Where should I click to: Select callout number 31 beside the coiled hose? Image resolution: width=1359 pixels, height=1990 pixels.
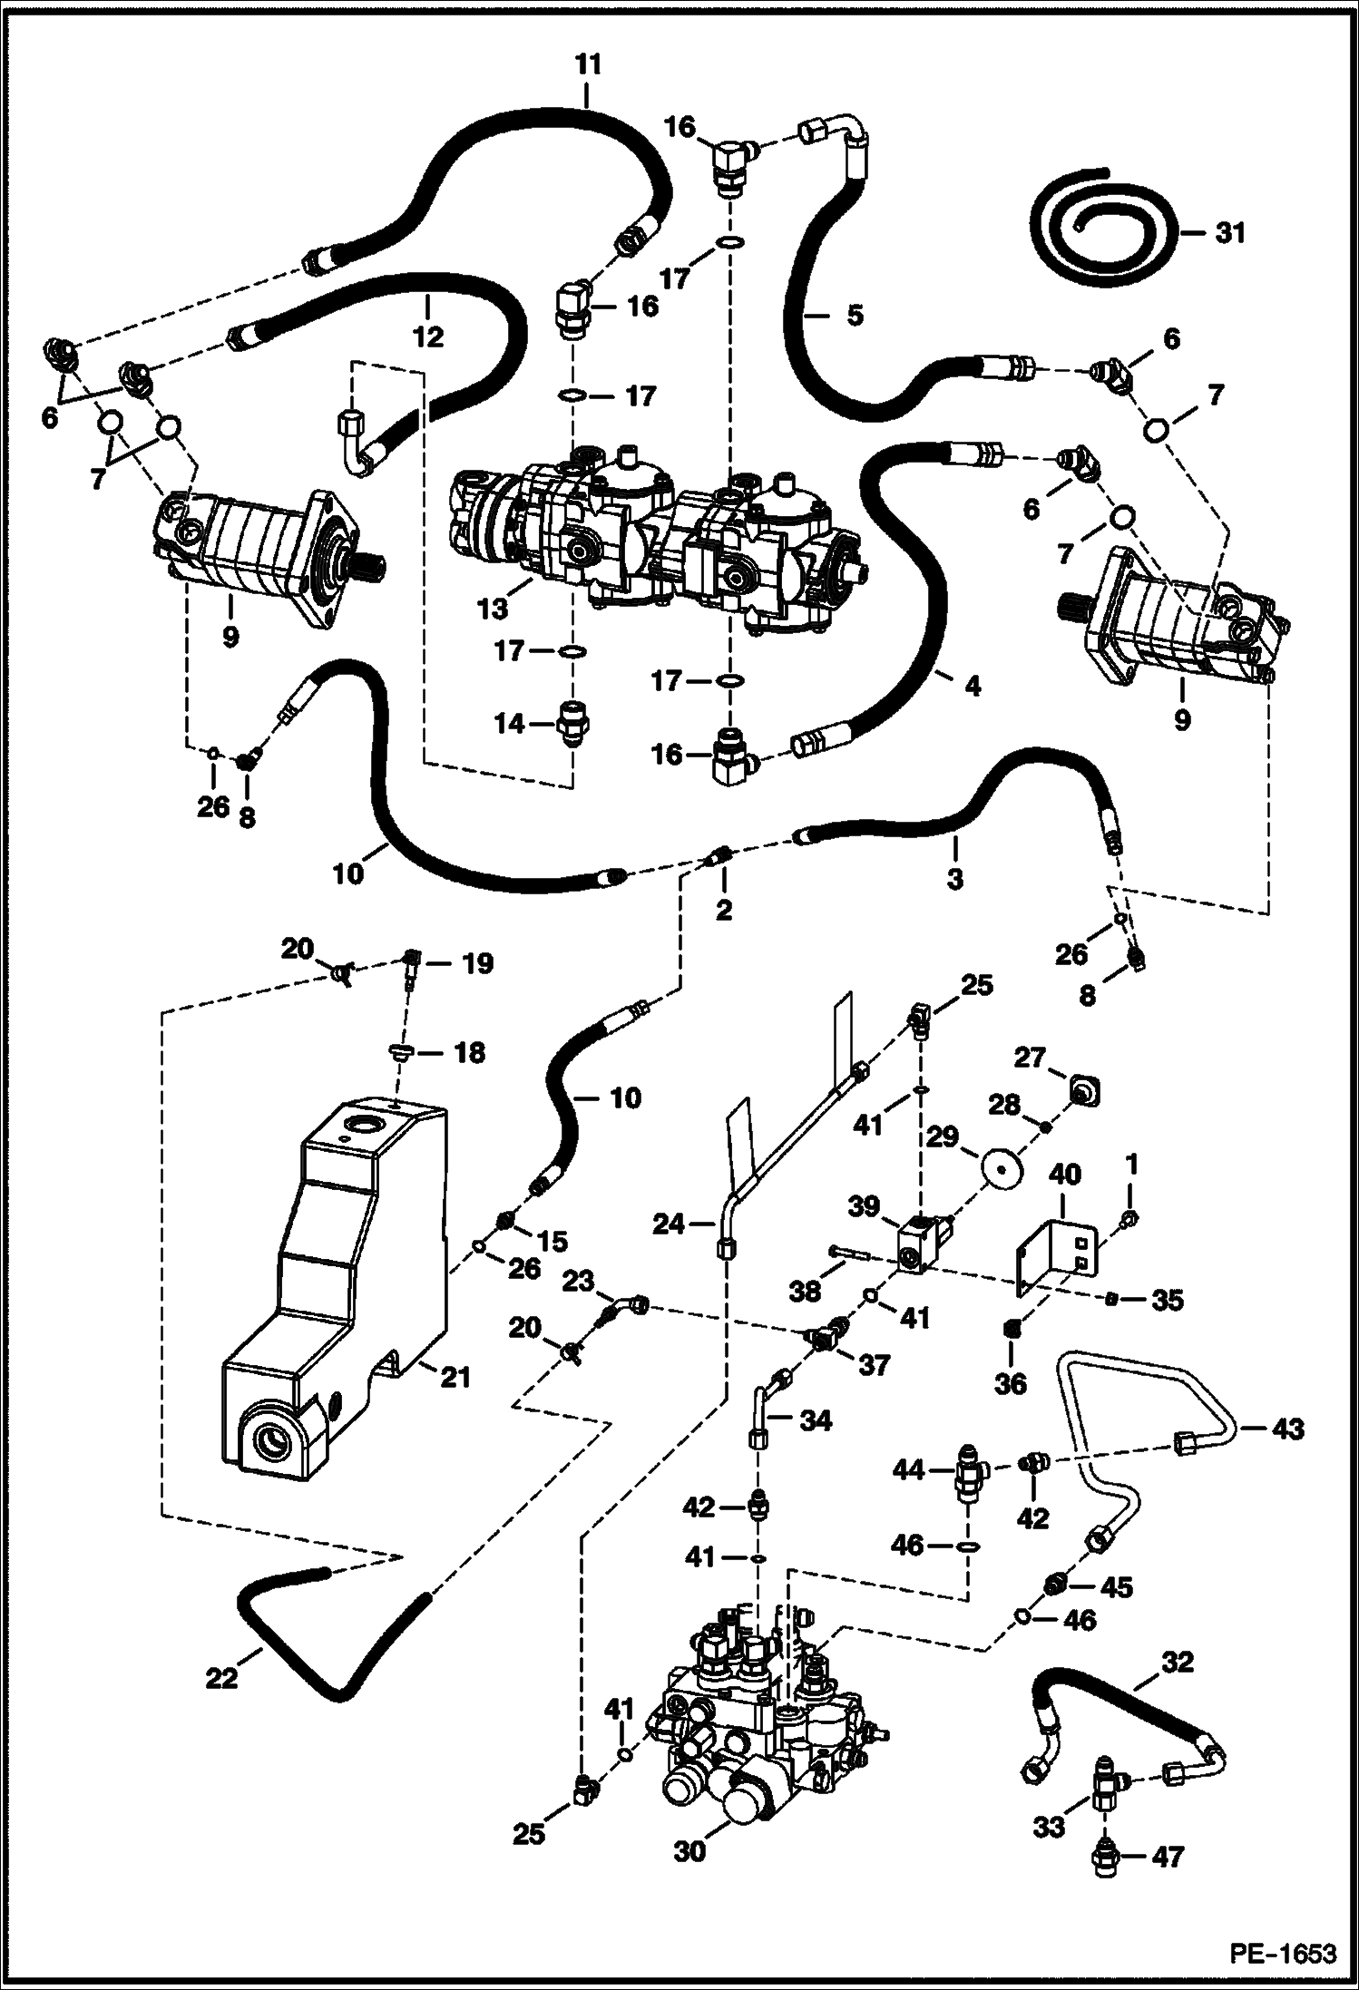tap(1230, 233)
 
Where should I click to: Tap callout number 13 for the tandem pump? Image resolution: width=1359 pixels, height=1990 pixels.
tap(494, 609)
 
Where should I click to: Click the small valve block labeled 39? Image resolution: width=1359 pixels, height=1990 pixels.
tap(923, 1244)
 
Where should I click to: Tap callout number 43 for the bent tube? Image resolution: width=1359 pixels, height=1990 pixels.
tap(1287, 1429)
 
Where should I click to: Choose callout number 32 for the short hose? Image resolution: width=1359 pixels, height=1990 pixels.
tap(1176, 1663)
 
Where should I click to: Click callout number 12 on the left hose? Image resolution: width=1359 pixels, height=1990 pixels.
tap(428, 337)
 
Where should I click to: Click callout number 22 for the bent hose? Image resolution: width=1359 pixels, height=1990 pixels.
tap(221, 1678)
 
